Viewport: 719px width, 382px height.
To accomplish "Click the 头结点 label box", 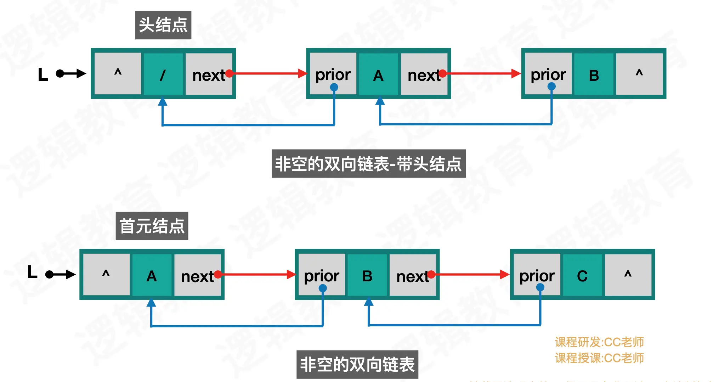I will (163, 25).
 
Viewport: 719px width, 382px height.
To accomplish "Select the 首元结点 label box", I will (152, 226).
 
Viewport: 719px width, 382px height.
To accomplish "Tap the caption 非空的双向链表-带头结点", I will (368, 164).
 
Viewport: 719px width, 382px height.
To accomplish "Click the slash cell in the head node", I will (163, 74).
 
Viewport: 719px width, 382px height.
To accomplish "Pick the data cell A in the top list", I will (378, 74).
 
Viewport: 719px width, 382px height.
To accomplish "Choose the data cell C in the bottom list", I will (582, 275).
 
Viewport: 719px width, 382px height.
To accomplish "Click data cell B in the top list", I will (594, 74).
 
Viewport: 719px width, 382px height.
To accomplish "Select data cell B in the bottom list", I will (367, 275).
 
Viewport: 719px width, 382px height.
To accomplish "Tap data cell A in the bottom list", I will (152, 275).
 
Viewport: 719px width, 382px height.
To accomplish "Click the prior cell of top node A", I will (333, 74).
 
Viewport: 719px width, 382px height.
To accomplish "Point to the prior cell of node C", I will (537, 275).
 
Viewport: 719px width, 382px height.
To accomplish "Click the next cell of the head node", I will (209, 74).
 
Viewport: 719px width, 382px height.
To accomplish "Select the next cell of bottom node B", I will (413, 275).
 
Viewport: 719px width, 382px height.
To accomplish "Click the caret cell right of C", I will (628, 275).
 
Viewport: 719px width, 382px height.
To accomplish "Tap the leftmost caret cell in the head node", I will (118, 74).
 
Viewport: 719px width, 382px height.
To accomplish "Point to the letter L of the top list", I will (43, 74).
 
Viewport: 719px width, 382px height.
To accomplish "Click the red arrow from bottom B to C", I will (471, 274).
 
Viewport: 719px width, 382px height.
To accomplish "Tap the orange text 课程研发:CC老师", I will (599, 342).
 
